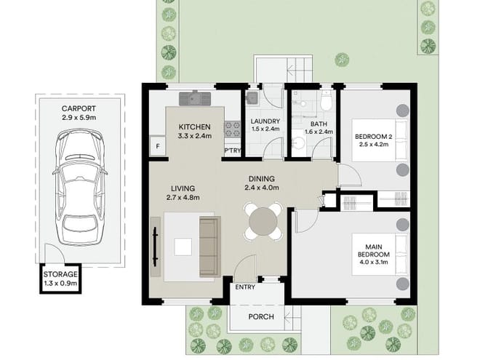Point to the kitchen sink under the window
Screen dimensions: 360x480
click(x=195, y=95)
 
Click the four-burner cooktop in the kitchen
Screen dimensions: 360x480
click(x=233, y=129)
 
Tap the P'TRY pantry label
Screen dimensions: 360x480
click(x=233, y=151)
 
